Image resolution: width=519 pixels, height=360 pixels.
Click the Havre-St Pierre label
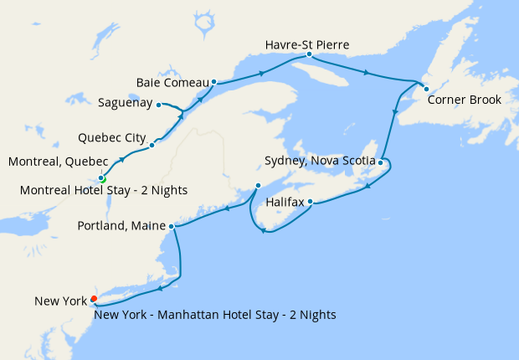tap(306, 44)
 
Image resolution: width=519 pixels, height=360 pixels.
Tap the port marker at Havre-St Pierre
tap(309, 54)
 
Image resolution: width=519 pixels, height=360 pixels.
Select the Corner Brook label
tap(464, 100)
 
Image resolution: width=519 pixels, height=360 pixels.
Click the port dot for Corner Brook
tap(425, 89)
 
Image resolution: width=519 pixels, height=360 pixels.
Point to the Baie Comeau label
tap(172, 82)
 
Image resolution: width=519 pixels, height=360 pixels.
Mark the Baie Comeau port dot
tap(214, 82)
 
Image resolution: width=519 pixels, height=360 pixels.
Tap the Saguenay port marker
tap(159, 105)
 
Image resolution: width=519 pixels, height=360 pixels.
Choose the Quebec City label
tap(112, 136)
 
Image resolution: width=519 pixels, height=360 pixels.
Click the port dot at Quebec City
tap(152, 145)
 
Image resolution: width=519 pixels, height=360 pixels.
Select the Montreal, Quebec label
tap(57, 161)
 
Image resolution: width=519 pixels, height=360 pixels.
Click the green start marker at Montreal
tap(102, 178)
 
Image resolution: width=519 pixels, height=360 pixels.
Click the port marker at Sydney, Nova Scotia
tap(380, 162)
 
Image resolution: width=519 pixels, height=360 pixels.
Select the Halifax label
tap(283, 202)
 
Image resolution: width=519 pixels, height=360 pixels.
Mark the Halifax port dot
tap(310, 201)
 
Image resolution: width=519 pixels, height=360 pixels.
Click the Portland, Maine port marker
tap(171, 226)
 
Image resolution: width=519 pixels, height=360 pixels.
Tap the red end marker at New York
tap(94, 298)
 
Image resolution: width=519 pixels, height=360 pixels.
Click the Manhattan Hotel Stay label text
tap(215, 315)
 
